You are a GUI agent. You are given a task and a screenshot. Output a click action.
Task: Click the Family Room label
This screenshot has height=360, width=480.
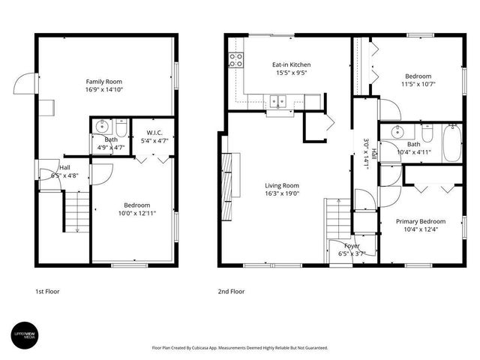pos(103,82)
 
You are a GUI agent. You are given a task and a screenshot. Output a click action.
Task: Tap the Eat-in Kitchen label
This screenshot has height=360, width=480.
pos(291,64)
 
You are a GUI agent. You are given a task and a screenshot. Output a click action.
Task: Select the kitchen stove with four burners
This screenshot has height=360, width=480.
pos(237,60)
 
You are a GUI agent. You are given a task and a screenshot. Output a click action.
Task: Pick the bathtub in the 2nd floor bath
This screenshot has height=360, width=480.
pos(451,145)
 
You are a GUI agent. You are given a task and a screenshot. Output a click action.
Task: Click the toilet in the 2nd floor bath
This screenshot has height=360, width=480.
pos(427,134)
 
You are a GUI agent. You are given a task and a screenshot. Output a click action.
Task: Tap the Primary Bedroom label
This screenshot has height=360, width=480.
pos(421,221)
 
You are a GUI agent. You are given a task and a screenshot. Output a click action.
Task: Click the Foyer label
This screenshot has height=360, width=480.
pos(352,246)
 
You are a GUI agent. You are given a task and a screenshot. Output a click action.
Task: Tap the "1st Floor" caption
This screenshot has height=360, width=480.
pos(47,291)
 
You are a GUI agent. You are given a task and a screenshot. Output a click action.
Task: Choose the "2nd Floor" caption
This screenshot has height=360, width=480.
pos(230,291)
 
